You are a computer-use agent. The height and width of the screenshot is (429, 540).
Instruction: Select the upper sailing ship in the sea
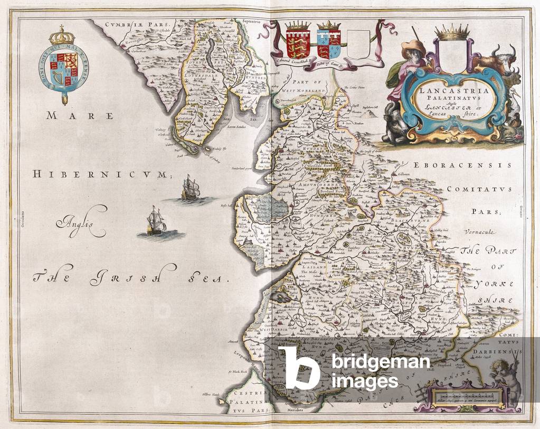[x=190, y=189]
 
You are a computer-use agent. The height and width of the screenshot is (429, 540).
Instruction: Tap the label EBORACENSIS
[x=462, y=165]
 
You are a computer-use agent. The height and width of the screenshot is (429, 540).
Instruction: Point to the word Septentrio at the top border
[x=253, y=23]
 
